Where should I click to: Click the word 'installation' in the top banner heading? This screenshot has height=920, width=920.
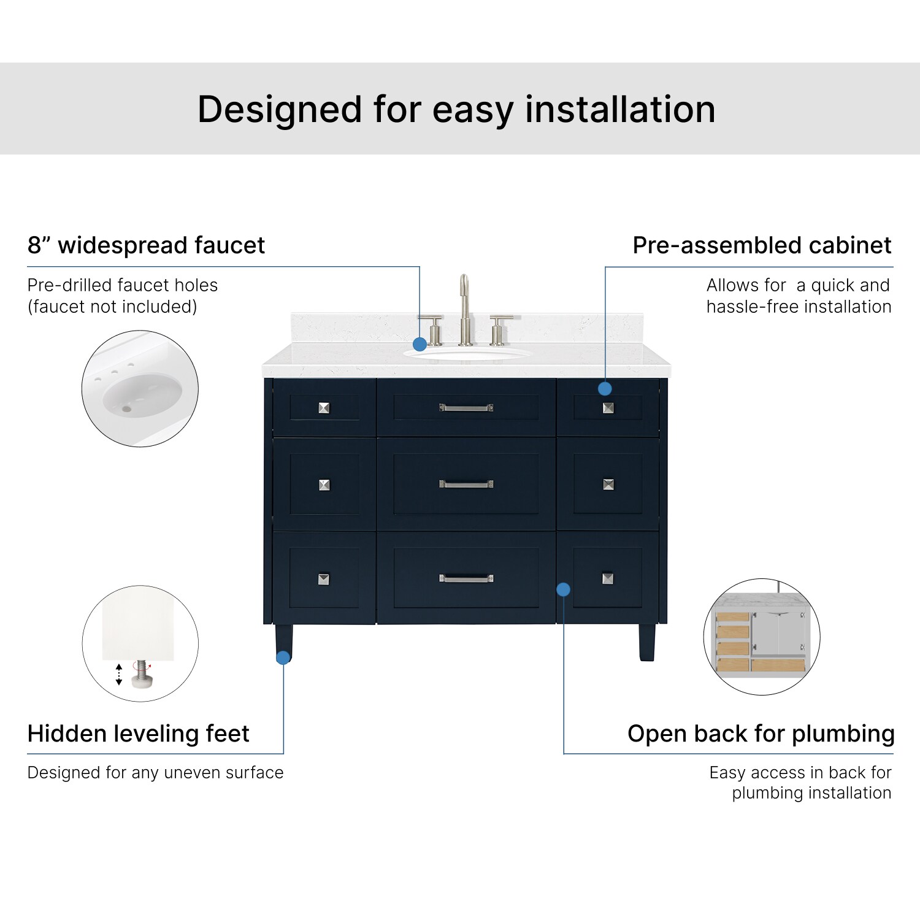coord(620,109)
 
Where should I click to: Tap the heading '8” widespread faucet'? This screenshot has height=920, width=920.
coord(146,245)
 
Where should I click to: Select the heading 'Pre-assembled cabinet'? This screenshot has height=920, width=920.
coord(762,245)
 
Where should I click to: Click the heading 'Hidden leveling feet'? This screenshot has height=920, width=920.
coord(139,734)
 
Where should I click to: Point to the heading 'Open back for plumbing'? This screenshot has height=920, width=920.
coord(761,734)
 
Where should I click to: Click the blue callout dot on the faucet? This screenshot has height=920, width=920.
coord(420,344)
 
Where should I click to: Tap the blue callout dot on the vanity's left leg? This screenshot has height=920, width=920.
coord(283,657)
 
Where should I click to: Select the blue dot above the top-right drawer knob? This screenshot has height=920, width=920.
coord(605,388)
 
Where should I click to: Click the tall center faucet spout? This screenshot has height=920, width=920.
coord(465,310)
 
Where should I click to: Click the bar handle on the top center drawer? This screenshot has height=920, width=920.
coord(466,407)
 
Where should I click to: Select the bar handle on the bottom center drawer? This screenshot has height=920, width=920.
coord(466,578)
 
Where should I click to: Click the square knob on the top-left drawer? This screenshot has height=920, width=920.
coord(324,408)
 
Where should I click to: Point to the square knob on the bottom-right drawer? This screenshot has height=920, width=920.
coord(608,578)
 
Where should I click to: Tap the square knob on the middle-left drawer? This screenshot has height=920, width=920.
coord(324,485)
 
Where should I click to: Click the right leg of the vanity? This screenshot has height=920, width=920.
coord(647,642)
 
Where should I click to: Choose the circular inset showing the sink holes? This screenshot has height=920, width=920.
coord(140,388)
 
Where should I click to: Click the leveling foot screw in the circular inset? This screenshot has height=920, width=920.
coord(142,673)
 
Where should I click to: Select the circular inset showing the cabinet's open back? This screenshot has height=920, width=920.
coord(762,637)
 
